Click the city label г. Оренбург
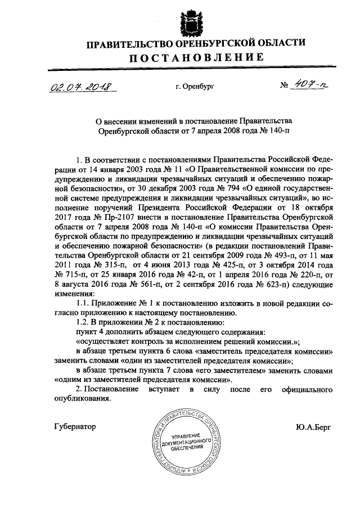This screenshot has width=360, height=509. click(195, 87)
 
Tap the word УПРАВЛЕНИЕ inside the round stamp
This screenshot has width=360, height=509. click(185, 437)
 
